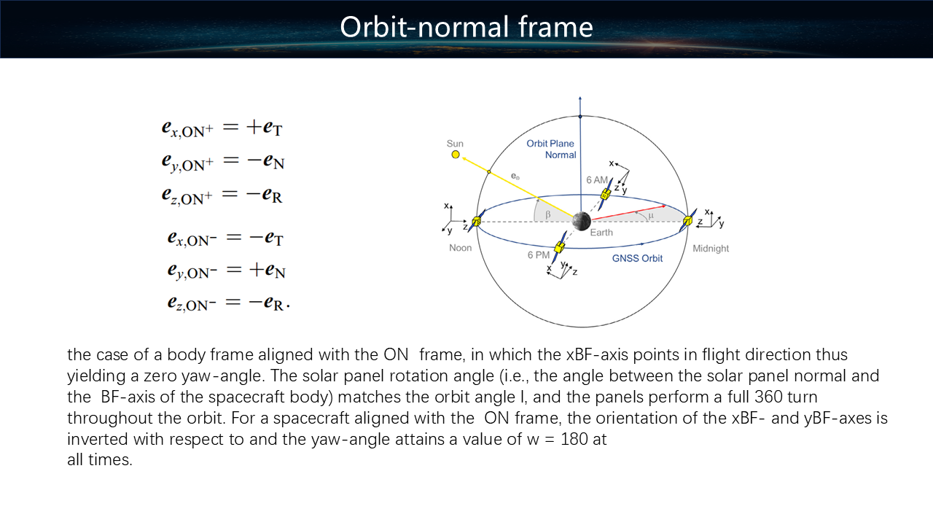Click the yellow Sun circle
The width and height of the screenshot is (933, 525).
coord(456,155)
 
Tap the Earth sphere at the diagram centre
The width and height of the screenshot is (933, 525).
coord(581,221)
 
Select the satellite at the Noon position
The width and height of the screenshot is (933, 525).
coord(477,221)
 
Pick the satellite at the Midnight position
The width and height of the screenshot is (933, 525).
coord(688,220)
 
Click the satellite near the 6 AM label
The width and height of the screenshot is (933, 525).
coord(606,194)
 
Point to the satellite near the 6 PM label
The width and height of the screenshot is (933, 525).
coord(559,247)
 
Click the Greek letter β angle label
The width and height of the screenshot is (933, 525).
coord(548,214)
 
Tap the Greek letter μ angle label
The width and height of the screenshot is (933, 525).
coord(651,215)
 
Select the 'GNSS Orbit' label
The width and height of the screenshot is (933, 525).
coord(637,258)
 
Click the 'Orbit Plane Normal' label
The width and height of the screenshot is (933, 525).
coord(551,149)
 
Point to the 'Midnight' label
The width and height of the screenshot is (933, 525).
coord(711,249)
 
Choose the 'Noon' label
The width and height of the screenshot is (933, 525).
coord(460,248)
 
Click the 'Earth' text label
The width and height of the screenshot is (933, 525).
coord(601,233)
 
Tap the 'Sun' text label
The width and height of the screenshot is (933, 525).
coord(455,144)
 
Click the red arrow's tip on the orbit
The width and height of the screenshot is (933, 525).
coord(665,206)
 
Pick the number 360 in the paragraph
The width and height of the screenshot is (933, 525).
coord(768,397)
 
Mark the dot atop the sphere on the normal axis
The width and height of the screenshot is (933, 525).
coord(580,117)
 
